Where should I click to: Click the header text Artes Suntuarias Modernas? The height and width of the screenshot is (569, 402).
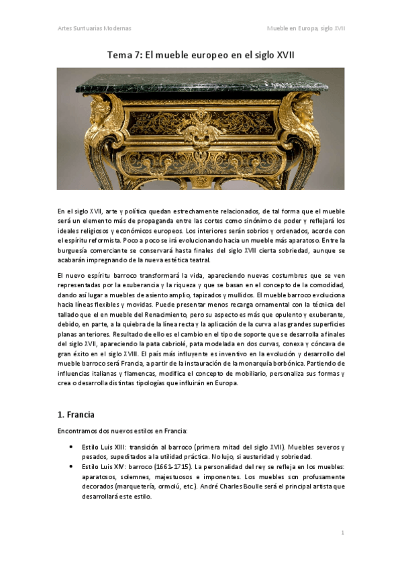click(x=94, y=28)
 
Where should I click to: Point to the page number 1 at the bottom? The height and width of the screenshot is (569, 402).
click(x=342, y=532)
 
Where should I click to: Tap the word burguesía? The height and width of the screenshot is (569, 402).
click(x=75, y=250)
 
